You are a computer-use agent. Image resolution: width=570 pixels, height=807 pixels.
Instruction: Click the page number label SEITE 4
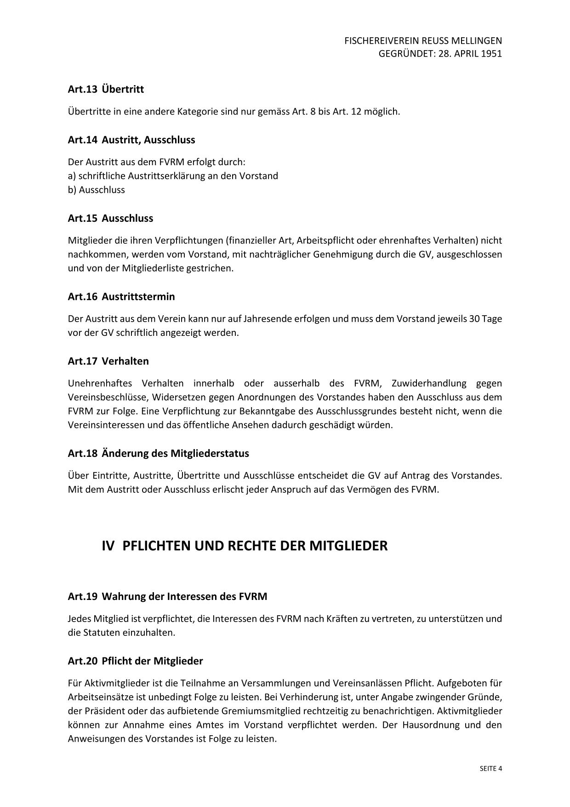tap(490, 768)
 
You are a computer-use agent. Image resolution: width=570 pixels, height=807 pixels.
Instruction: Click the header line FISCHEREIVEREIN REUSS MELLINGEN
tap(423, 41)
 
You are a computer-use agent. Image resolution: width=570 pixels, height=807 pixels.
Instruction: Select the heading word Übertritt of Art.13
tap(123, 89)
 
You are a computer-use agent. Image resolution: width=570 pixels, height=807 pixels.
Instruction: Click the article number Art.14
tap(82, 140)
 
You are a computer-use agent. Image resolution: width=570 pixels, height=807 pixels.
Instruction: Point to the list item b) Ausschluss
tap(97, 190)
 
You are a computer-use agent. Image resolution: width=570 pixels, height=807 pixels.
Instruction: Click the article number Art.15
tap(82, 218)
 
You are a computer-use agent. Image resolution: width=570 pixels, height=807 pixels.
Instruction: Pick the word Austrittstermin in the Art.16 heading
tap(138, 297)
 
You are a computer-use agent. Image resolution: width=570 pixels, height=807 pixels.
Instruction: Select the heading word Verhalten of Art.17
tap(125, 361)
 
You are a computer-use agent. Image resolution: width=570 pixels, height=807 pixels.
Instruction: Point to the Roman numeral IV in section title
tap(108, 546)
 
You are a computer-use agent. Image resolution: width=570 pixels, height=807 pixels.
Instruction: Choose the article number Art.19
tap(82, 597)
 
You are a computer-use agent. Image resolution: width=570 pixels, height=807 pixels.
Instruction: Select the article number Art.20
tap(82, 661)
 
